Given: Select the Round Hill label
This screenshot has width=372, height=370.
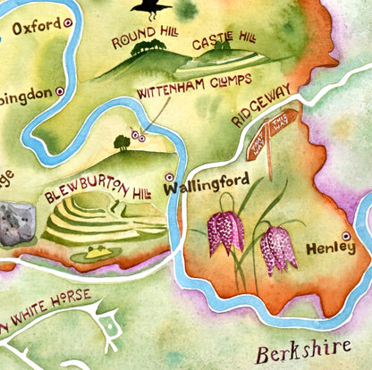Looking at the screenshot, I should tap(142, 41).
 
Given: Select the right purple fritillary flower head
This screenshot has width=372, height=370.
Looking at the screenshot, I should tap(278, 248).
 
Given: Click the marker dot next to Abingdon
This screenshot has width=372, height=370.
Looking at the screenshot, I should tap(60, 90).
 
